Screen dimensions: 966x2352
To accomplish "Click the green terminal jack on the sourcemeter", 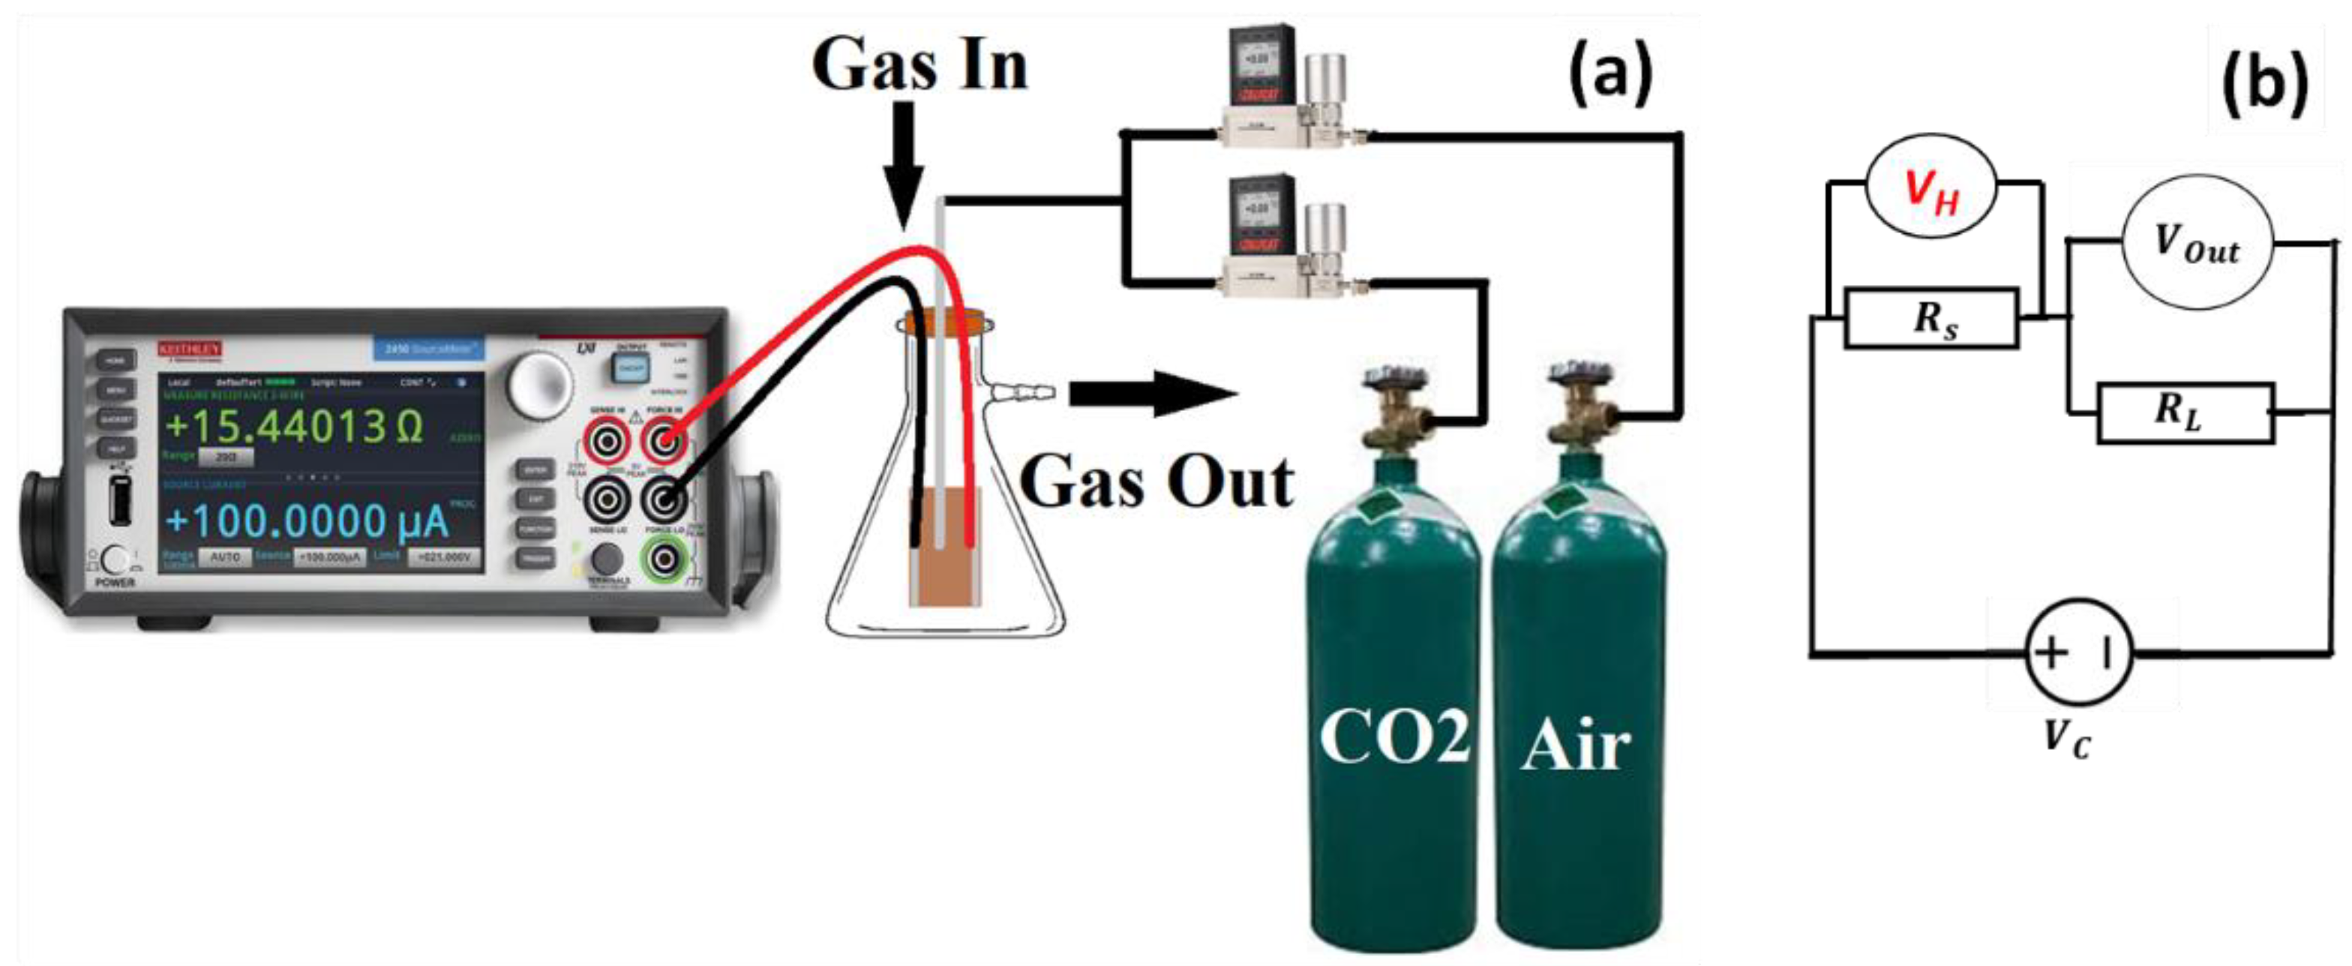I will pos(664,558).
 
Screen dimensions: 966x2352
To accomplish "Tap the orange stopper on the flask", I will pos(945,322).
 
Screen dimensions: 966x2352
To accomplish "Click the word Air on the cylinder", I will pos(1576,745).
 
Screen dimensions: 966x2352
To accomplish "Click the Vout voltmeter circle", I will pos(2197,244).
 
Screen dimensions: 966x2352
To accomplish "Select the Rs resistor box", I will pos(1931,319).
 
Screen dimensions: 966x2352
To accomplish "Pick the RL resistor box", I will pos(2185,413).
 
